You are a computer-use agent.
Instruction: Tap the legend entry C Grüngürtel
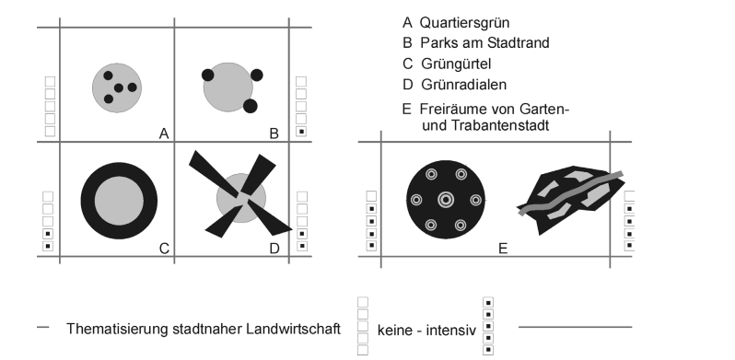point(449,64)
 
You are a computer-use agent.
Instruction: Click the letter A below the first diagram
point(163,134)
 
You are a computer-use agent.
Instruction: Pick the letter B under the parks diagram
point(274,134)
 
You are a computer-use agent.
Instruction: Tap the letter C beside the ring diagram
point(163,247)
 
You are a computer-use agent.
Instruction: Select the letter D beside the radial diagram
point(274,247)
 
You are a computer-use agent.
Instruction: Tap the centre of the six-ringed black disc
point(446,199)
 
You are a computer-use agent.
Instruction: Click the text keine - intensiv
point(423,329)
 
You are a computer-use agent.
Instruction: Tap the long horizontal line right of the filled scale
point(575,327)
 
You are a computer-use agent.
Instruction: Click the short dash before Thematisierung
point(43,327)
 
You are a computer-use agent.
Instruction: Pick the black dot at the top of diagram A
point(108,75)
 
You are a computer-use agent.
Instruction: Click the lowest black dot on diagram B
point(251,107)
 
